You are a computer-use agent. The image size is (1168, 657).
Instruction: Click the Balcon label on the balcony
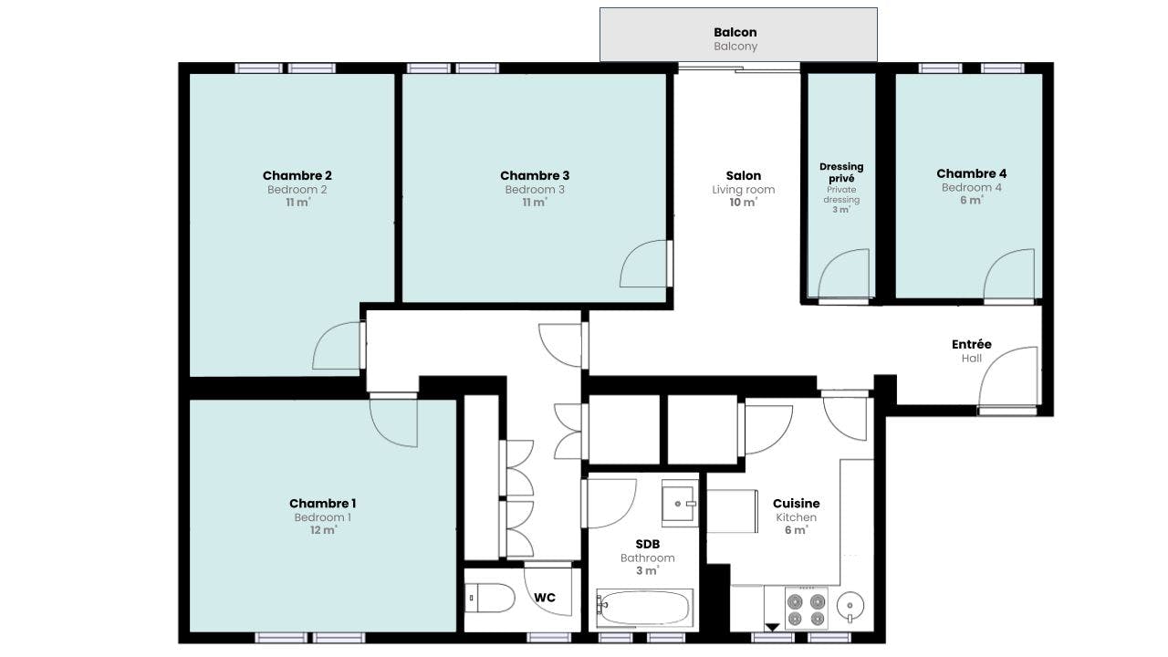(735, 32)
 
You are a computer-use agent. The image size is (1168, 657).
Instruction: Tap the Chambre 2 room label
(297, 176)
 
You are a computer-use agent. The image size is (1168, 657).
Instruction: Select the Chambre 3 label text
(535, 176)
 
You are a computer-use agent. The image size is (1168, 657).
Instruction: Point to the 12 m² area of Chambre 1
(323, 530)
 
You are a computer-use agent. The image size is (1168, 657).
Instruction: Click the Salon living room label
(744, 176)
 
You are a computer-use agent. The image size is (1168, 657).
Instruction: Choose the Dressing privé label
(841, 172)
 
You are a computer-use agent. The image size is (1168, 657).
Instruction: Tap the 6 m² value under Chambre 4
(972, 200)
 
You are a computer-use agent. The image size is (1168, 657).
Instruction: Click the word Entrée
(972, 344)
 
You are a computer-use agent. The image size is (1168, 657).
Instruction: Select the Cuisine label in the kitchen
(797, 503)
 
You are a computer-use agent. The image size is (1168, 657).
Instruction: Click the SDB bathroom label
(648, 544)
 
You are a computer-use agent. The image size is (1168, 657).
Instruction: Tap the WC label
(545, 598)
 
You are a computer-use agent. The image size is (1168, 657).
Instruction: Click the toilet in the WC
(489, 598)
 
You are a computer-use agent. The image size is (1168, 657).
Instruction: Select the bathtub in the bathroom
(644, 608)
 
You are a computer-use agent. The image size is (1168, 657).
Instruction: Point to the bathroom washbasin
(680, 503)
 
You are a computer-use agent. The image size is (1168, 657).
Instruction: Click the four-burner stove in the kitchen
(806, 609)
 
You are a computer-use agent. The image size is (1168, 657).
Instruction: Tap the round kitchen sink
(850, 607)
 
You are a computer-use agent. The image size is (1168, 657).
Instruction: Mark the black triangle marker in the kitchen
(772, 627)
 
